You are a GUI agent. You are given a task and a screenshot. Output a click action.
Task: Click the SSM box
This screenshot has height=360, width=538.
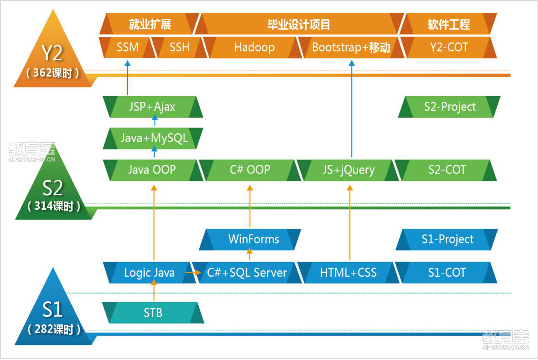[x=128, y=47]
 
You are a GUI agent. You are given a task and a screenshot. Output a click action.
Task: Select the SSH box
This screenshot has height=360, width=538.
[x=179, y=47]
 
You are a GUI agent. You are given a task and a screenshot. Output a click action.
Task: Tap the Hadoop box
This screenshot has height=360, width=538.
[x=254, y=47]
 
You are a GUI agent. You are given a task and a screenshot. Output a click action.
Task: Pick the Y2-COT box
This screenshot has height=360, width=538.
[x=449, y=47]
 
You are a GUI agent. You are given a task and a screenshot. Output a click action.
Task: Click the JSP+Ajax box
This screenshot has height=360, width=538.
[x=152, y=107]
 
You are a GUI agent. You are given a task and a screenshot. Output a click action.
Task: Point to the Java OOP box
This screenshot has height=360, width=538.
[x=152, y=170]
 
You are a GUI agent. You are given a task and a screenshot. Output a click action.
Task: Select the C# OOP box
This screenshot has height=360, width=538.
[x=250, y=170]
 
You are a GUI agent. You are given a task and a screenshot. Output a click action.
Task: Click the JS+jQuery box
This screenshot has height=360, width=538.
[x=348, y=170]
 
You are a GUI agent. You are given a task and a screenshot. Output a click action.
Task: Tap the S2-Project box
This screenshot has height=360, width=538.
[x=450, y=107]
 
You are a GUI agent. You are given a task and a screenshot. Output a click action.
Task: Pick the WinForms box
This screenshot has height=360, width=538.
[x=253, y=239]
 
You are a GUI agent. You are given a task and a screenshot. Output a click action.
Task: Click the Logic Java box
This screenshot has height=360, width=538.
[x=149, y=272]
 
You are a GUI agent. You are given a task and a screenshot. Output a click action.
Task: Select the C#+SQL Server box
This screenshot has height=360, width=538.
[x=246, y=272]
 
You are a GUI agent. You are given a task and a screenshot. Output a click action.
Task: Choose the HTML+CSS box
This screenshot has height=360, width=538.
[x=348, y=272]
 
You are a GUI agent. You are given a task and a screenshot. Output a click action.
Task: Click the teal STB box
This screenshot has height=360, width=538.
[x=153, y=313]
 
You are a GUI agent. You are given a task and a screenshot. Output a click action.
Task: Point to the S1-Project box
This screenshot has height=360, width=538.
[x=447, y=239]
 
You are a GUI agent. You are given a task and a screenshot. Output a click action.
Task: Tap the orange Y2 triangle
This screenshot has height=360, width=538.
[x=52, y=54]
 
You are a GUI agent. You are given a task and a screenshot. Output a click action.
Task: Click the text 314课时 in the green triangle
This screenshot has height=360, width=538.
[x=54, y=206]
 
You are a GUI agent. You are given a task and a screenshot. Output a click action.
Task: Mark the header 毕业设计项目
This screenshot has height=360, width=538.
[x=299, y=24]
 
